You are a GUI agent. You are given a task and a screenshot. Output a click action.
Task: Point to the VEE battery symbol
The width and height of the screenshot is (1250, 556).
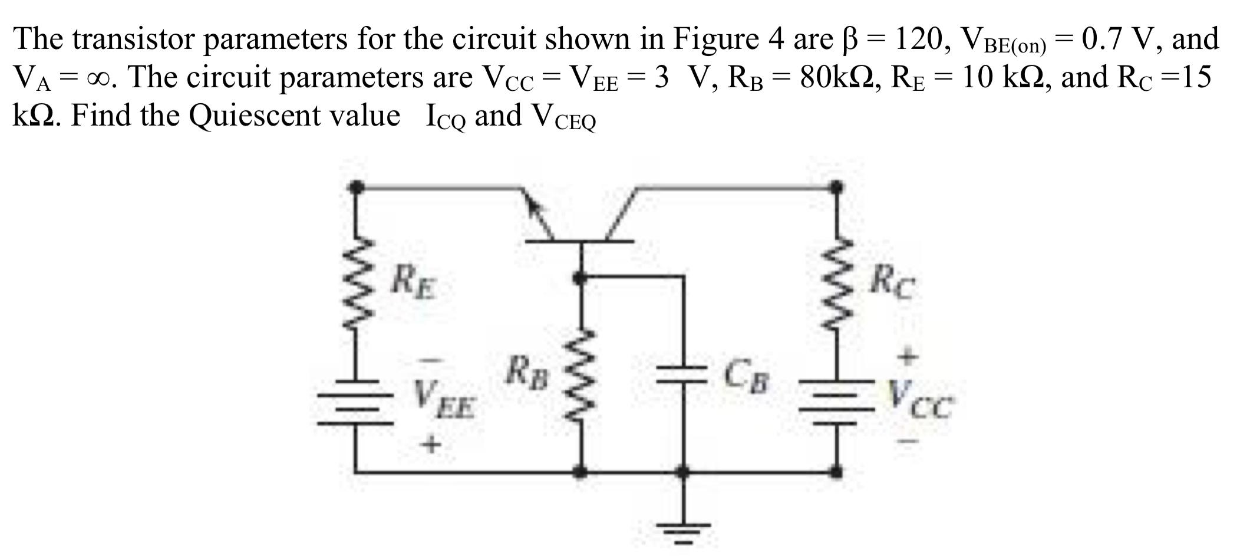(356, 402)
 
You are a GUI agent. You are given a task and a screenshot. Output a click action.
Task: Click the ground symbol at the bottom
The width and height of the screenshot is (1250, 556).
(684, 531)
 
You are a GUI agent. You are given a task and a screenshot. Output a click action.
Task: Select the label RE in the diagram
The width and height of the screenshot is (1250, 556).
(415, 282)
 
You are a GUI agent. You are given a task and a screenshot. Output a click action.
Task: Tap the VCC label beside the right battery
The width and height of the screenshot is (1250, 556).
(919, 399)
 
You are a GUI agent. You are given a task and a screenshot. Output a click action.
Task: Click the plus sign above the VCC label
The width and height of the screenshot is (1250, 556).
(908, 356)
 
